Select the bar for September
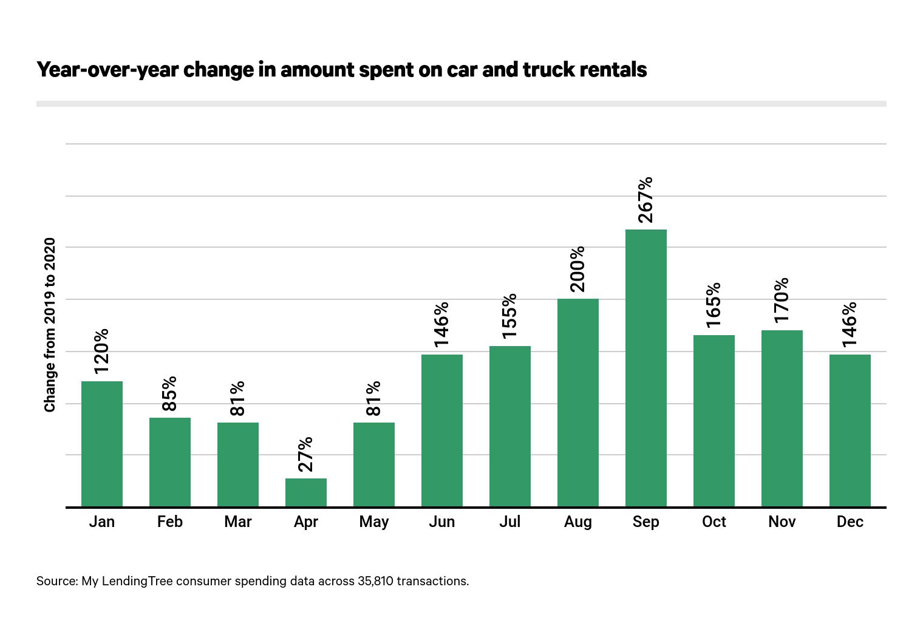point(645,368)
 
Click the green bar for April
point(306,492)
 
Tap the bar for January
point(102,444)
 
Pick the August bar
point(577,403)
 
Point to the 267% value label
point(645,200)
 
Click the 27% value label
point(306,454)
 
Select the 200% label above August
point(577,269)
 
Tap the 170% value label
point(782,300)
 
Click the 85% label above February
point(170,393)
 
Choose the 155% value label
point(509,316)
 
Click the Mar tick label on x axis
point(238,522)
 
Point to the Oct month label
point(714,522)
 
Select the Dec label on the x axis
point(850,522)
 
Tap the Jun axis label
point(441,522)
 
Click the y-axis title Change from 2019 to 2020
point(50,325)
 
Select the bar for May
point(374,464)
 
